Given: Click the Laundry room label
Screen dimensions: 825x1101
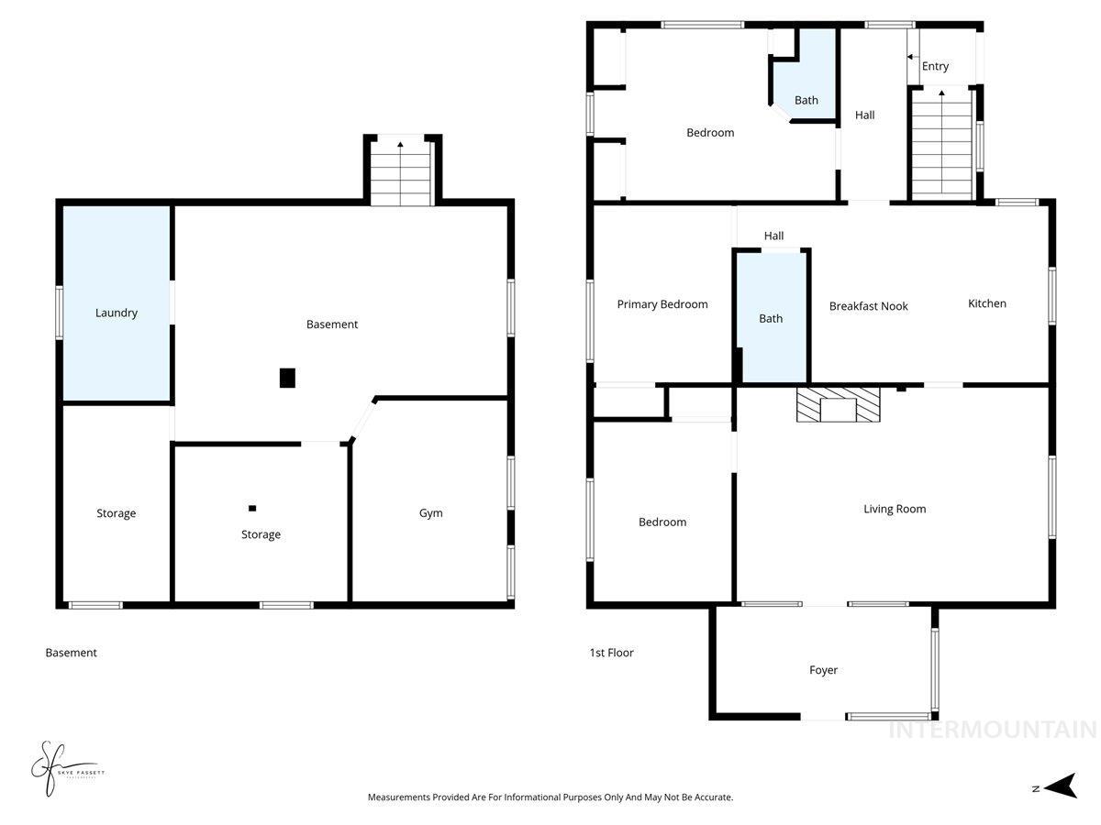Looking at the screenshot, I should click(117, 313).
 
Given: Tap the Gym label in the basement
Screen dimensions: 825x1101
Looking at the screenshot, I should click(431, 513).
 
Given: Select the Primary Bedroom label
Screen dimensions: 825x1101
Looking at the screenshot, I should click(662, 304).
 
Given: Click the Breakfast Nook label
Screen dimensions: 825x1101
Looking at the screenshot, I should click(868, 306).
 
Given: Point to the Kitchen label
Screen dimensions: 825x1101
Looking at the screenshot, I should click(987, 303).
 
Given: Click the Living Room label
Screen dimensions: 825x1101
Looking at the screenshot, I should click(895, 509).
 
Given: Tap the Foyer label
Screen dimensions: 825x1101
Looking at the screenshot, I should click(823, 670).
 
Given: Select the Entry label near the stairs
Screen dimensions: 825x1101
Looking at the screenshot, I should click(935, 66).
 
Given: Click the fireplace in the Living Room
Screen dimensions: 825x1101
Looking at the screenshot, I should click(838, 404).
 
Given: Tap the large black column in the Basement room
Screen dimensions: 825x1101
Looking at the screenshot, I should click(288, 378).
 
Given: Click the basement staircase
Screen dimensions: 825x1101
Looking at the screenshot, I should click(401, 174).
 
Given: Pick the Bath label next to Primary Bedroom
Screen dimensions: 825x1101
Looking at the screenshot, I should click(771, 318).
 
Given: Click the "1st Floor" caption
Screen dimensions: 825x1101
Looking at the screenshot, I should click(611, 653).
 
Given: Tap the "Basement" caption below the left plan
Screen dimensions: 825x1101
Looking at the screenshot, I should click(71, 653).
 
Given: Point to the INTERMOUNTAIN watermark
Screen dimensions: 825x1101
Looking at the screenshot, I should click(992, 730).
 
